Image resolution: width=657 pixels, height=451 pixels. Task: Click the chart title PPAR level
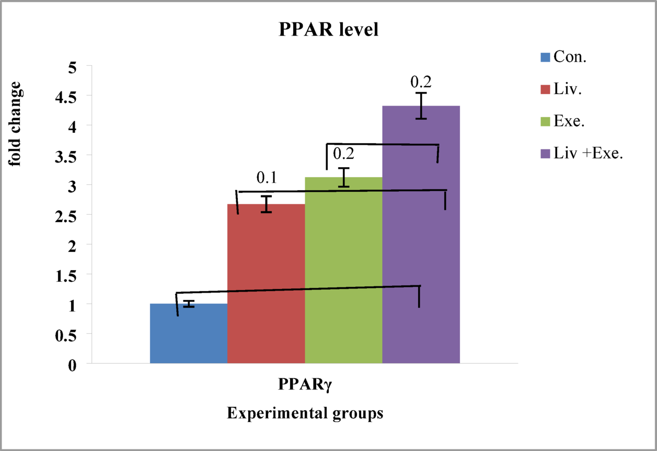click(x=328, y=30)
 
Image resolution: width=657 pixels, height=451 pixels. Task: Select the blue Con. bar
click(x=189, y=334)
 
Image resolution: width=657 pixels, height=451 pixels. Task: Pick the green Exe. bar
click(x=343, y=272)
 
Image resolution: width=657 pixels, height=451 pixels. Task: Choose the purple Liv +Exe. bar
click(x=421, y=235)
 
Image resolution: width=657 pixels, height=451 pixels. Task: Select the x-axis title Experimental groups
click(x=306, y=414)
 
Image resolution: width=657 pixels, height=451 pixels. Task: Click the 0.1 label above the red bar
click(x=266, y=178)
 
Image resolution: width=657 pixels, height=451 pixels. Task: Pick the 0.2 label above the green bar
click(x=343, y=154)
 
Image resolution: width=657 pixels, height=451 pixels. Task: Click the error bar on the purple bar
click(x=421, y=106)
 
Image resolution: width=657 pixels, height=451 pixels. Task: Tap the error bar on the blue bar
click(x=189, y=304)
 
